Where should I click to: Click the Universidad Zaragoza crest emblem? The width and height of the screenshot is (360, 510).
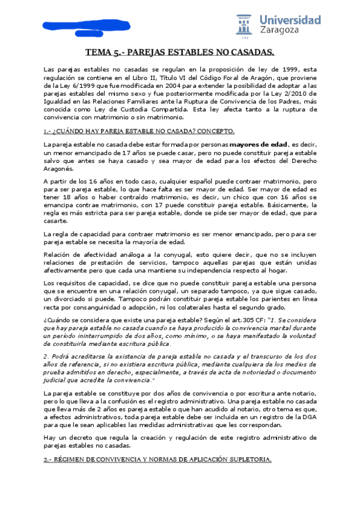click(x=245, y=25)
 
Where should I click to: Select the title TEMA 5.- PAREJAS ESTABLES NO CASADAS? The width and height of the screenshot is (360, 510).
click(x=180, y=52)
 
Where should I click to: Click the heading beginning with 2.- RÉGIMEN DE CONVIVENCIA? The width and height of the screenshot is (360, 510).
click(x=157, y=459)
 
